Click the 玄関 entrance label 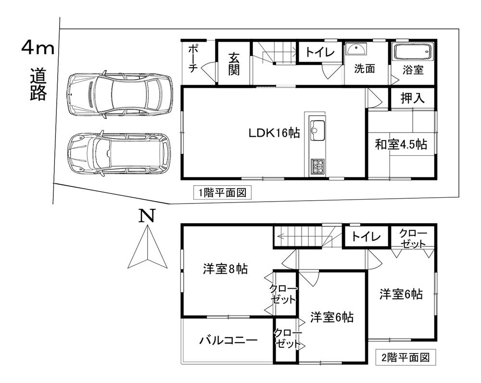[234, 64]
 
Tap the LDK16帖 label [274, 133]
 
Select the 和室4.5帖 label [401, 144]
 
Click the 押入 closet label [413, 98]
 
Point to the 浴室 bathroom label [413, 70]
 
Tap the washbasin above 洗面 [356, 49]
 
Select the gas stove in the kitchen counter [318, 166]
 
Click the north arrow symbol [148, 246]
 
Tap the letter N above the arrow [147, 216]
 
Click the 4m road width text [38, 48]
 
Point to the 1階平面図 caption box [223, 193]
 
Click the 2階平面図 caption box [405, 357]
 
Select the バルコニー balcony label [228, 340]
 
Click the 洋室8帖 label [226, 269]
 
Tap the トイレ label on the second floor [366, 236]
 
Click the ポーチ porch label [192, 59]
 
